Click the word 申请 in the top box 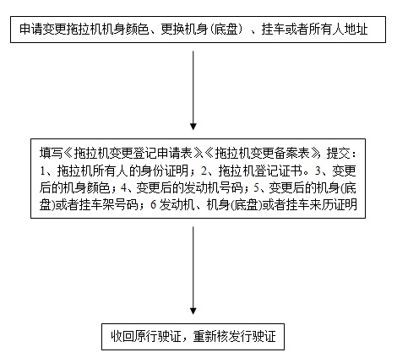pyautogui.click(x=31, y=30)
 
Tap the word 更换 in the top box pyautogui.click(x=172, y=30)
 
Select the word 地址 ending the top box pyautogui.click(x=356, y=30)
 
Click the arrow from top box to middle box pyautogui.click(x=193, y=90)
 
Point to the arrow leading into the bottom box pyautogui.click(x=193, y=270)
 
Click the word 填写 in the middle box pyautogui.click(x=51, y=154)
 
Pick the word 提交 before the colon pyautogui.click(x=338, y=154)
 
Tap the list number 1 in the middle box pyautogui.click(x=42, y=171)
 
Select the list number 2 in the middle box pyautogui.click(x=204, y=171)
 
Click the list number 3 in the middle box pyautogui.click(x=318, y=171)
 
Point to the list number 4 pyautogui.click(x=123, y=188)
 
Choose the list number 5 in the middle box pyautogui.click(x=256, y=188)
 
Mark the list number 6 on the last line pyautogui.click(x=153, y=205)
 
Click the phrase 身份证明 pyautogui.click(x=165, y=171)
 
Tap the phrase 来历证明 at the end pyautogui.click(x=334, y=205)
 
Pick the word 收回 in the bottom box pyautogui.click(x=122, y=337)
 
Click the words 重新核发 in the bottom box pyautogui.click(x=216, y=337)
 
